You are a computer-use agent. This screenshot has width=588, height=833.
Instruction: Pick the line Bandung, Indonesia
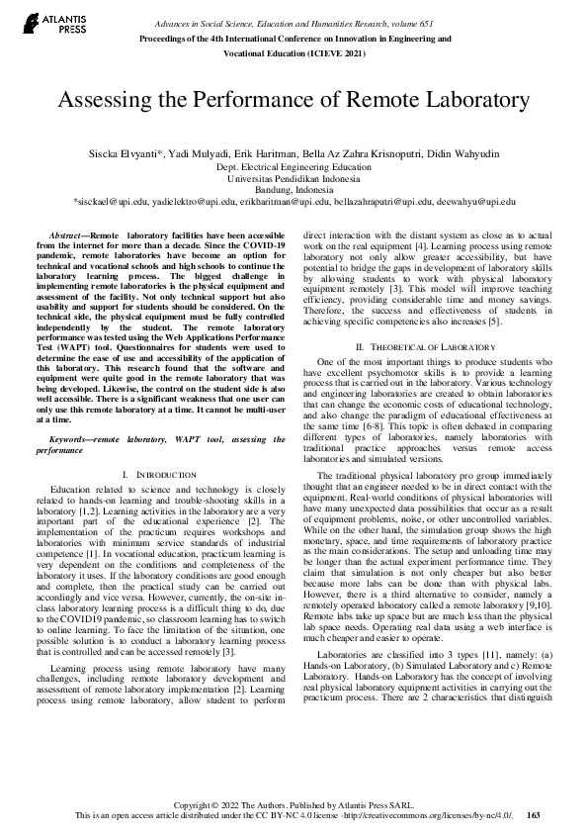pyautogui.click(x=294, y=189)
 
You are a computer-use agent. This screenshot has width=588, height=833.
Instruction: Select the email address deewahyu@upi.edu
pyautogui.click(x=477, y=201)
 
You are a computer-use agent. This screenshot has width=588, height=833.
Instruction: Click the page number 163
pyautogui.click(x=535, y=815)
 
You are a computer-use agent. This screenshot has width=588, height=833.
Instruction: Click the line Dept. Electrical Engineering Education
pyautogui.click(x=294, y=167)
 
